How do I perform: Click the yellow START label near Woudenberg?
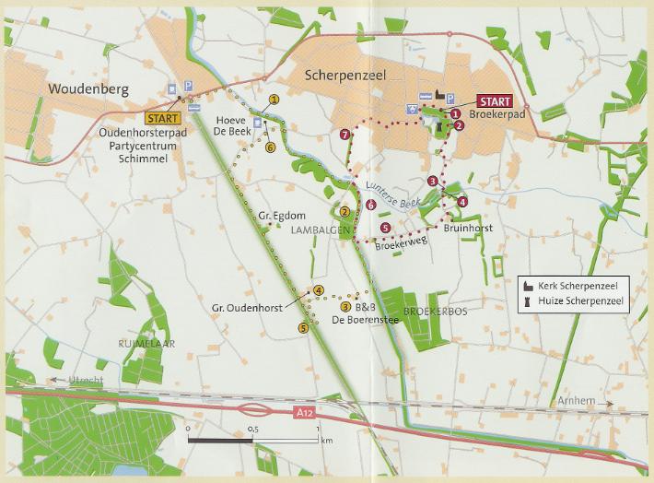pos(163,118)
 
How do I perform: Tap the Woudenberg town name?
pos(84,90)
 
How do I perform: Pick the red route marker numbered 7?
pos(345,135)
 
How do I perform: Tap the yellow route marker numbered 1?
pos(274,99)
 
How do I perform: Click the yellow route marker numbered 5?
pos(303,327)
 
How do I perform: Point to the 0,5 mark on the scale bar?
pos(252,430)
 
